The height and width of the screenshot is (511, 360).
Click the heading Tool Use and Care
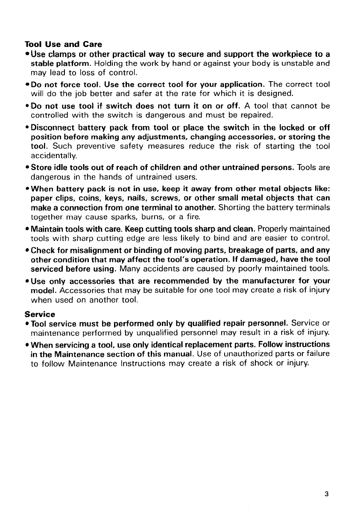[x=63, y=44]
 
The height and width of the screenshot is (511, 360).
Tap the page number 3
[x=326, y=494]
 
